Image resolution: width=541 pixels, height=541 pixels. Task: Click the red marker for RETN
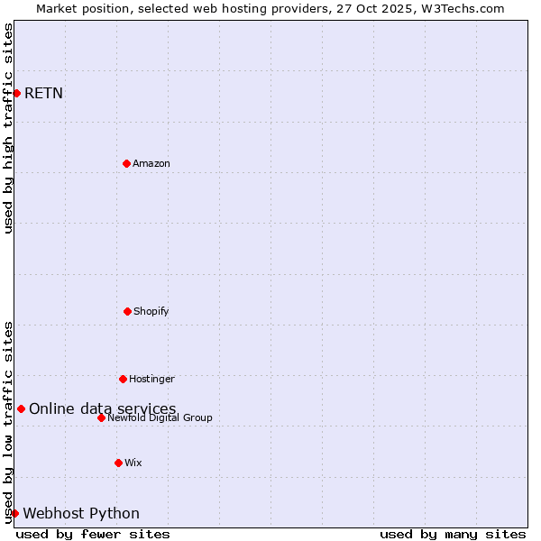coord(16,93)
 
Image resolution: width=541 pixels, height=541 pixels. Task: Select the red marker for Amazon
coord(126,163)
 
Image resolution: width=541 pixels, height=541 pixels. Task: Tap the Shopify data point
coord(127,311)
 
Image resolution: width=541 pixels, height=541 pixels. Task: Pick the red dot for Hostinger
coord(123,379)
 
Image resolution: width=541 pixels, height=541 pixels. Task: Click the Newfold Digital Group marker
coord(101,417)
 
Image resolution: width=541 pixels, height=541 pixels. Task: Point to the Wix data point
coord(118,463)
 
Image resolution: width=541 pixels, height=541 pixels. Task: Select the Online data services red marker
coord(21,408)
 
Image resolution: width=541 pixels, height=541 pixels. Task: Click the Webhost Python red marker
coord(14,513)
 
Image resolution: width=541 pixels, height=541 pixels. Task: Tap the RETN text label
coord(43,93)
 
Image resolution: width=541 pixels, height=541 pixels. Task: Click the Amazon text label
coord(151,163)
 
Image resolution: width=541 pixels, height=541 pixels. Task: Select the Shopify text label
coord(151,311)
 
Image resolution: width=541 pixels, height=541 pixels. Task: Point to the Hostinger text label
coord(151,379)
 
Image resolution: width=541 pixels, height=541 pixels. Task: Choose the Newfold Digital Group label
coord(160,417)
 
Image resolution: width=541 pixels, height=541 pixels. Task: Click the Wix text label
coord(133,463)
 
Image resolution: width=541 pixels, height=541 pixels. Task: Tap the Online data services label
coord(103,408)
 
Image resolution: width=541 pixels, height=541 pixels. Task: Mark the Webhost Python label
coord(81,513)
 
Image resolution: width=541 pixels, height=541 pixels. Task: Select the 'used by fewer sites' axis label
coord(93,534)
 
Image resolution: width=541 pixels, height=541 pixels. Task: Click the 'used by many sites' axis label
coord(453,534)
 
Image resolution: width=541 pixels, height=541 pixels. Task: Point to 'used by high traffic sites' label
coord(8,128)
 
